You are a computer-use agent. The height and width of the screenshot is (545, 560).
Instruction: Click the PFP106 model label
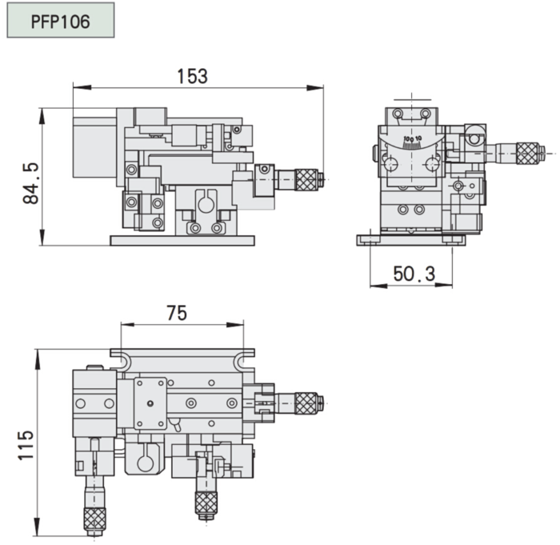60,22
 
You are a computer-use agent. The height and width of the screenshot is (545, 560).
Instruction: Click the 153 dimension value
192,76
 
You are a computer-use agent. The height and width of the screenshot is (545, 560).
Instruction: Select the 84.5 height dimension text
30,183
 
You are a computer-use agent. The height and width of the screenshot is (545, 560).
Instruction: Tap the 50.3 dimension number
414,275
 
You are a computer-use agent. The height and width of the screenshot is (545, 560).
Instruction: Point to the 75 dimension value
177,313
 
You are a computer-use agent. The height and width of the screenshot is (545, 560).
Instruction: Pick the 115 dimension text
26,445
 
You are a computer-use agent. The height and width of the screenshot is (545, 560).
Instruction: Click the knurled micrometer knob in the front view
306,180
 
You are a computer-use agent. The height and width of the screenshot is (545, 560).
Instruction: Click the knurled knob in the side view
527,154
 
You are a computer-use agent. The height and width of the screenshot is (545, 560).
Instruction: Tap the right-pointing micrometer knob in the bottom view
306,403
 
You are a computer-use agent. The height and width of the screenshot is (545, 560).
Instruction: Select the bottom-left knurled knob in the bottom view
94,519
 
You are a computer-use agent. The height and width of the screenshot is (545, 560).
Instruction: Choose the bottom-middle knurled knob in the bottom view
206,503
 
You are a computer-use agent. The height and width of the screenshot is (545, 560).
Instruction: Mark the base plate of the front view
182,241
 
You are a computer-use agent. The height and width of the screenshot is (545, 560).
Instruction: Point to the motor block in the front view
94,147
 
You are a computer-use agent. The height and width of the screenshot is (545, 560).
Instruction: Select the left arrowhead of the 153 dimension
82,87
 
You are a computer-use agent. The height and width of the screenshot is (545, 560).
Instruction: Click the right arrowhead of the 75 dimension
235,325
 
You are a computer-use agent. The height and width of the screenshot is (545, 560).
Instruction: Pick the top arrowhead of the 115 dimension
36,358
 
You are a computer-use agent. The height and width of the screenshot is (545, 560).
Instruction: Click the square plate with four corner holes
150,403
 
